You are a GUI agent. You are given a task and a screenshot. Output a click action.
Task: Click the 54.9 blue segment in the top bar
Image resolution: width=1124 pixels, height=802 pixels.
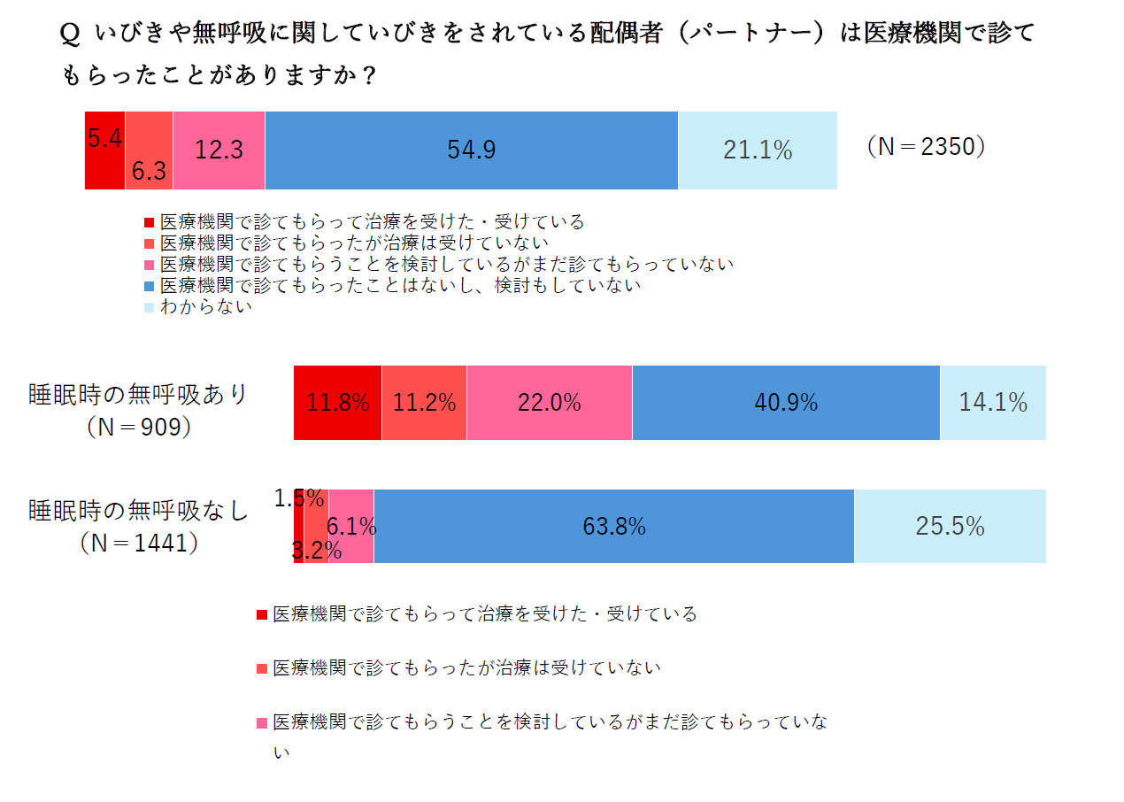[471, 150]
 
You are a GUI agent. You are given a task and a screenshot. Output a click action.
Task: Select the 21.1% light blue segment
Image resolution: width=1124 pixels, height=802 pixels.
[758, 150]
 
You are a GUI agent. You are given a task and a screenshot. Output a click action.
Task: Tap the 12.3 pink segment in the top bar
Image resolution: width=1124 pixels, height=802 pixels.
[219, 150]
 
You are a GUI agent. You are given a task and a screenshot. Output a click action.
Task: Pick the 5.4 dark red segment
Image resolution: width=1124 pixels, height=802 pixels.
[104, 150]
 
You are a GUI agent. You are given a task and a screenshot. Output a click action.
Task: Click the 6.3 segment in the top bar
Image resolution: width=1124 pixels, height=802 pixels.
[149, 150]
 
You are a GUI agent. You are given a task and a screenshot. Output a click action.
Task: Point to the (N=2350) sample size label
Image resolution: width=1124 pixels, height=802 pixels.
[926, 147]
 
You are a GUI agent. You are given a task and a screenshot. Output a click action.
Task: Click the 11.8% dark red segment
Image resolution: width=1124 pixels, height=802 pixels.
[337, 403]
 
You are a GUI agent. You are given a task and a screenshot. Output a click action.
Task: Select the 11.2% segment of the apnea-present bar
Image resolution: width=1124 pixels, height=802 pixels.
[424, 403]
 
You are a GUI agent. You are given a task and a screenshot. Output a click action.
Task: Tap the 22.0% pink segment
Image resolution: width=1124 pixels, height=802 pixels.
[549, 403]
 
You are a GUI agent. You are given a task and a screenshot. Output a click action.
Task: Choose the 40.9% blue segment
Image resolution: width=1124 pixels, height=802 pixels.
[786, 403]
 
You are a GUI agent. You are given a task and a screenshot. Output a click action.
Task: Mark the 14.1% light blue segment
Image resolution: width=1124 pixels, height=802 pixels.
[993, 403]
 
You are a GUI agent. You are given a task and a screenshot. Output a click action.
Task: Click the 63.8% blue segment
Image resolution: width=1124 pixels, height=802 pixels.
[613, 527]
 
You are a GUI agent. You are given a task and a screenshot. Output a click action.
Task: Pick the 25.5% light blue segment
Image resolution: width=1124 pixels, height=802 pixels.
[950, 527]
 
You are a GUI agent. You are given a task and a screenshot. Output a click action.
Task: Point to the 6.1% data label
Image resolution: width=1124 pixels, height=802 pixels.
[352, 527]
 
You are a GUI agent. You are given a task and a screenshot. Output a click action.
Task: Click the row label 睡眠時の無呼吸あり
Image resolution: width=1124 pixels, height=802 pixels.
[139, 393]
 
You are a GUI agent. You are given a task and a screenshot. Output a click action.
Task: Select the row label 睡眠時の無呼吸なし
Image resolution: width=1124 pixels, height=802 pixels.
[139, 511]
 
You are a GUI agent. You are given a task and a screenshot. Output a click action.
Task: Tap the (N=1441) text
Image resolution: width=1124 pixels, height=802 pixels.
[139, 543]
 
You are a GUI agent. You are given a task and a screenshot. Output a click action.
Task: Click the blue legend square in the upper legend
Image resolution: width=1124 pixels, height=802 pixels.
[149, 286]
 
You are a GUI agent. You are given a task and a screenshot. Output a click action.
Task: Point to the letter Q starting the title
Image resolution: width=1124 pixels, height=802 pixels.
[71, 35]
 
